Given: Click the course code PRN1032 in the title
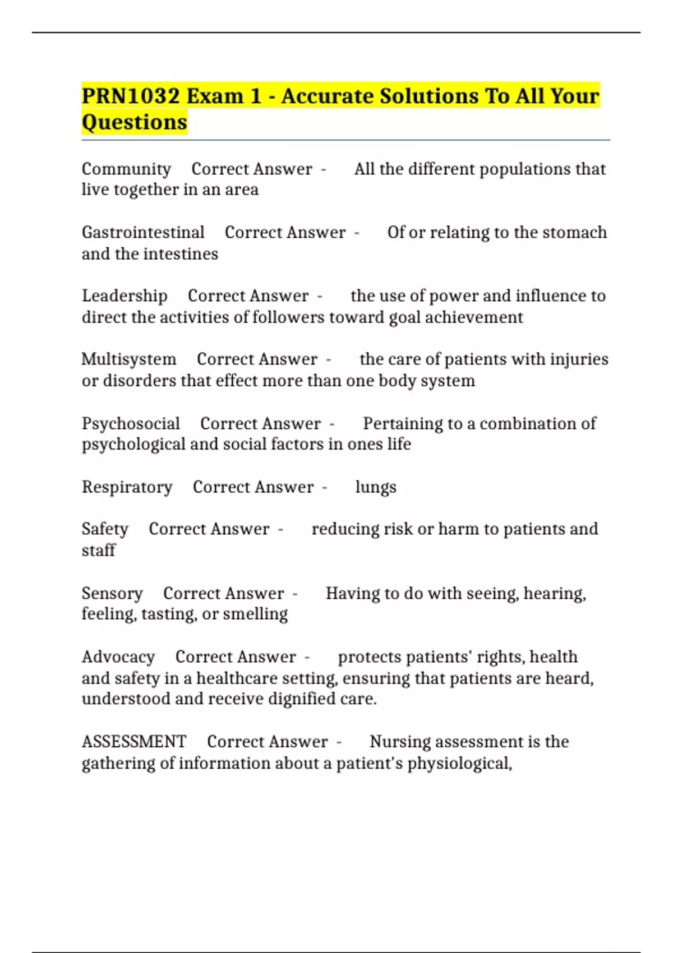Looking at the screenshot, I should [131, 96].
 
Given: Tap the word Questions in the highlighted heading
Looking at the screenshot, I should [135, 122].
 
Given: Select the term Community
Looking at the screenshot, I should [126, 169].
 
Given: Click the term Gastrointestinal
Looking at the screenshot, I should [143, 232].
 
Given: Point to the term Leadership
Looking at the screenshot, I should [125, 295].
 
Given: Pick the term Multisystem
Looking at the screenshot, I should [129, 359].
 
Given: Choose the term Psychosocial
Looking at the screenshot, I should [131, 423].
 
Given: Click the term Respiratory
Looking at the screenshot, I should [127, 487].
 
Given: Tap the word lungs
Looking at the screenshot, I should [376, 487].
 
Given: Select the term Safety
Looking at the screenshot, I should [105, 529].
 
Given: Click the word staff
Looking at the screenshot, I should [98, 550].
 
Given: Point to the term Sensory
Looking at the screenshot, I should [112, 593].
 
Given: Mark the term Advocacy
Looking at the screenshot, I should [118, 656].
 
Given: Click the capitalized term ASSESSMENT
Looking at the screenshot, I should [134, 741].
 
